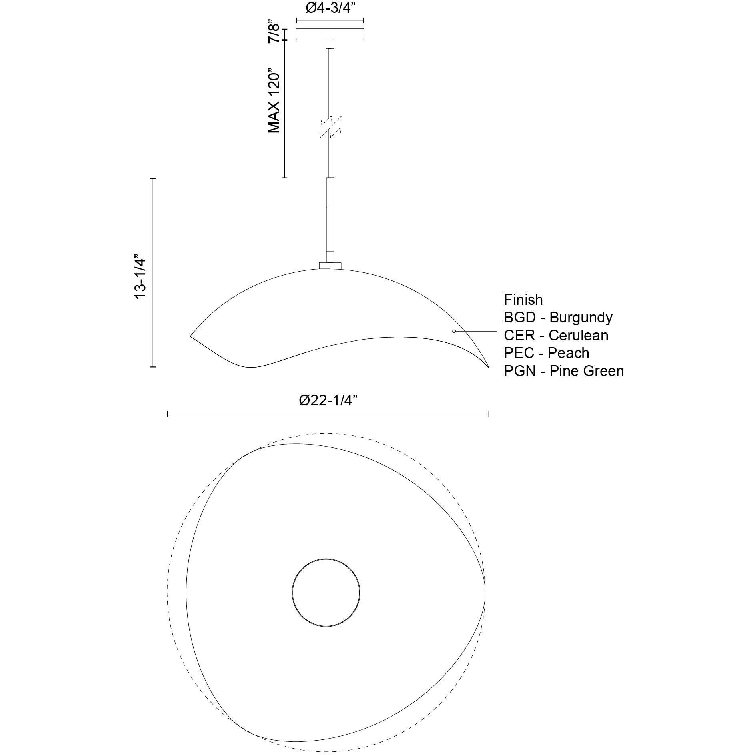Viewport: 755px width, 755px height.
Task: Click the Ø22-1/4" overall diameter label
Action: click(x=328, y=400)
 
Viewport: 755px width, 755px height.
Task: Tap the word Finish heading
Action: click(x=523, y=300)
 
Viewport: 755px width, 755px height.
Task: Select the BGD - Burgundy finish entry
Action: click(x=558, y=317)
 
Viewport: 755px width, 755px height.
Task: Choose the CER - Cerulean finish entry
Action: click(x=556, y=335)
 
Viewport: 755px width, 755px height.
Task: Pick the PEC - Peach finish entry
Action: click(x=546, y=353)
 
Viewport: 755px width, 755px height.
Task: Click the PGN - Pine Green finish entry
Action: click(x=563, y=371)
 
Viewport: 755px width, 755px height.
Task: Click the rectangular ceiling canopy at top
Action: click(x=330, y=34)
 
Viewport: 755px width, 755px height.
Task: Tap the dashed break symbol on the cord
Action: click(x=330, y=127)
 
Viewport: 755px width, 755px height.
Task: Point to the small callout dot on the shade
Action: click(x=454, y=331)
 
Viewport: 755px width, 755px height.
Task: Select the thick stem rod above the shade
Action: click(x=330, y=216)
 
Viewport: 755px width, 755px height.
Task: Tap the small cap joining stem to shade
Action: click(x=330, y=265)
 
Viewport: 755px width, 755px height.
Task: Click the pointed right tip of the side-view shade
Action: click(x=488, y=366)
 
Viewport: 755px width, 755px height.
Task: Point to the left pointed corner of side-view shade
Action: click(x=191, y=336)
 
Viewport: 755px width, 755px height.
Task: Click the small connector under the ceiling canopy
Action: click(x=330, y=44)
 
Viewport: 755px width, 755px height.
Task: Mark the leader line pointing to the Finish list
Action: click(x=476, y=331)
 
